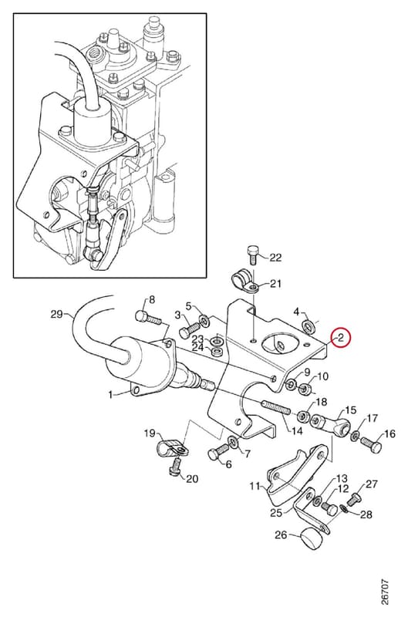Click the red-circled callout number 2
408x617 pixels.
(341, 337)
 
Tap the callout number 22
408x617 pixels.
(275, 258)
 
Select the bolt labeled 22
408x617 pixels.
(253, 255)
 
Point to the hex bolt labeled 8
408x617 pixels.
(147, 317)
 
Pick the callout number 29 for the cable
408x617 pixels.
(57, 314)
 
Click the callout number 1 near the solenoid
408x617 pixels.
(111, 394)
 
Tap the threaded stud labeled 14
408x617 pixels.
(276, 406)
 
